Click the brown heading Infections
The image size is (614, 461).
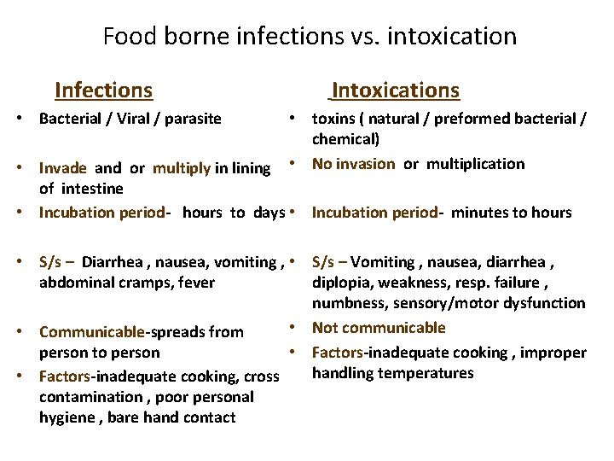(103, 90)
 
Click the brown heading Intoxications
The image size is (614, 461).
(395, 90)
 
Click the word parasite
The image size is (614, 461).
(188, 118)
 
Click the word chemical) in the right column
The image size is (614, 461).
(345, 138)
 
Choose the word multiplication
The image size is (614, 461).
(476, 163)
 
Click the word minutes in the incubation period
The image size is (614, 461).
(478, 213)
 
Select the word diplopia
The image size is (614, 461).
(342, 283)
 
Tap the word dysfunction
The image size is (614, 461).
(546, 303)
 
